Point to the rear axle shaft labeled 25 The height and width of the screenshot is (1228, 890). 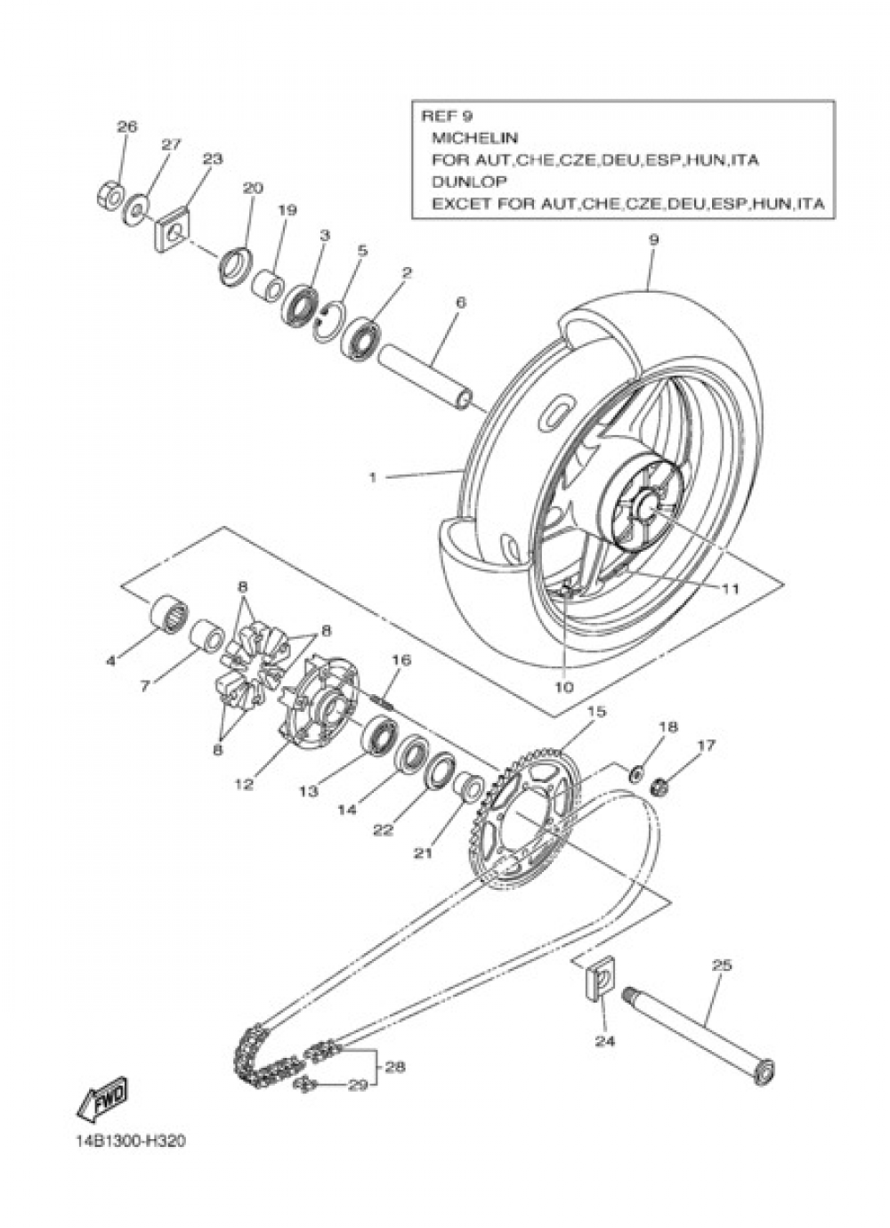694,1032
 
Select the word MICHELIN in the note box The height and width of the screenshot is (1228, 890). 474,138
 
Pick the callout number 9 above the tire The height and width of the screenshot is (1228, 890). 653,240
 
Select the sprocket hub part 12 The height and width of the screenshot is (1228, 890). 317,712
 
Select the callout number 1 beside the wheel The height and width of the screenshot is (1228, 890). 373,478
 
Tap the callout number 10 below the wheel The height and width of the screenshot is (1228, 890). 564,687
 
